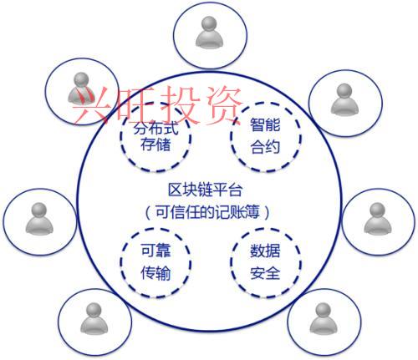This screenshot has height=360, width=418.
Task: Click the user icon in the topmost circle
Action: [209, 33]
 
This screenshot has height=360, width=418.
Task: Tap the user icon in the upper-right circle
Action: [344, 99]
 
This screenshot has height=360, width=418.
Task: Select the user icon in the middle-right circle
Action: [378, 219]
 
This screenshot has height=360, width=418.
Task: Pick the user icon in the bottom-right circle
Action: [324, 318]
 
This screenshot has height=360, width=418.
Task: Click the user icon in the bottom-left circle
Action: [94, 318]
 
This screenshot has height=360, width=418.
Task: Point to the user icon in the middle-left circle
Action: [39, 219]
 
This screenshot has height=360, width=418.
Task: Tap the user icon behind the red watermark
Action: [81, 88]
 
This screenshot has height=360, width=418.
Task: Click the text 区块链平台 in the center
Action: [205, 190]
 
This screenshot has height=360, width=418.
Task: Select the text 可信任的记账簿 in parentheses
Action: [207, 212]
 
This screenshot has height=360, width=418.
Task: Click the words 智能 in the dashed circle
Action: [265, 124]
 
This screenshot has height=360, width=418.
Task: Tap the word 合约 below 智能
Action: [265, 147]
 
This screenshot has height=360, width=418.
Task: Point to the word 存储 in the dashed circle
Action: [155, 145]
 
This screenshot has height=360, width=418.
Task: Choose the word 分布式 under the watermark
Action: [155, 129]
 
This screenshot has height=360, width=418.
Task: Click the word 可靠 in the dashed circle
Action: [155, 250]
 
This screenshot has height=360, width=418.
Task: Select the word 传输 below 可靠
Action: [155, 273]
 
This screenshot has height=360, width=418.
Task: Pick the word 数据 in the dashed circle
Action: [265, 251]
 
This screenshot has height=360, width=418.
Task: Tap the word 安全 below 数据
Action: [265, 273]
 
